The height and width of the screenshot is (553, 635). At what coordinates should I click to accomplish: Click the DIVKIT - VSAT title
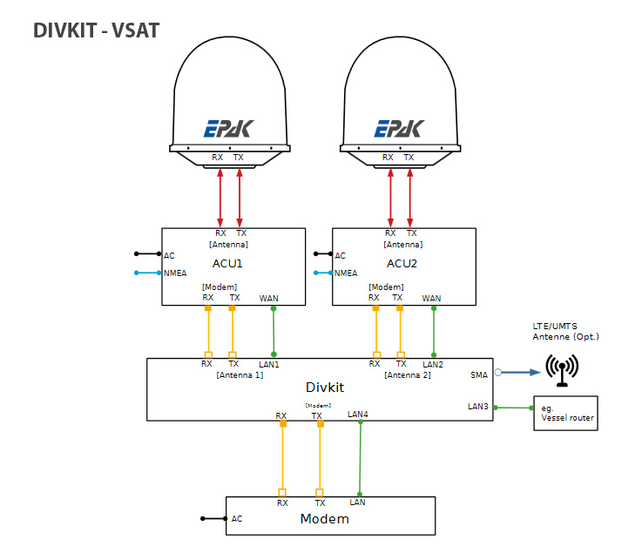pyautogui.click(x=96, y=30)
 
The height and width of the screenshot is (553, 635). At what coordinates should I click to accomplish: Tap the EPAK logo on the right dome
pyautogui.click(x=399, y=129)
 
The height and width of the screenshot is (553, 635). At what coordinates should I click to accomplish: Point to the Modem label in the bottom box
pyautogui.click(x=324, y=519)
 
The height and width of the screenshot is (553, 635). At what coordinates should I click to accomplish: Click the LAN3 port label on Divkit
pyautogui.click(x=478, y=407)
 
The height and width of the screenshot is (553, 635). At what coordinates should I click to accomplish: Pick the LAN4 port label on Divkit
pyautogui.click(x=357, y=414)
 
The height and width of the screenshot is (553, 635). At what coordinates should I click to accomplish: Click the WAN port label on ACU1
pyautogui.click(x=269, y=298)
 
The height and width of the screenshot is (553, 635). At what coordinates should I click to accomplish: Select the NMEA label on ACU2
pyautogui.click(x=346, y=273)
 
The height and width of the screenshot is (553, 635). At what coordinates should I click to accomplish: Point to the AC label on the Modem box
pyautogui.click(x=237, y=518)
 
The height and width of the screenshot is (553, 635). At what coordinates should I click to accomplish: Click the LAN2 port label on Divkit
pyautogui.click(x=433, y=364)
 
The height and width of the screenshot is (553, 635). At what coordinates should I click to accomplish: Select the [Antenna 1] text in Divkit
pyautogui.click(x=240, y=374)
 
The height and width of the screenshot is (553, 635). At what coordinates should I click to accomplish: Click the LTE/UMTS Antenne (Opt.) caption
pyautogui.click(x=566, y=331)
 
